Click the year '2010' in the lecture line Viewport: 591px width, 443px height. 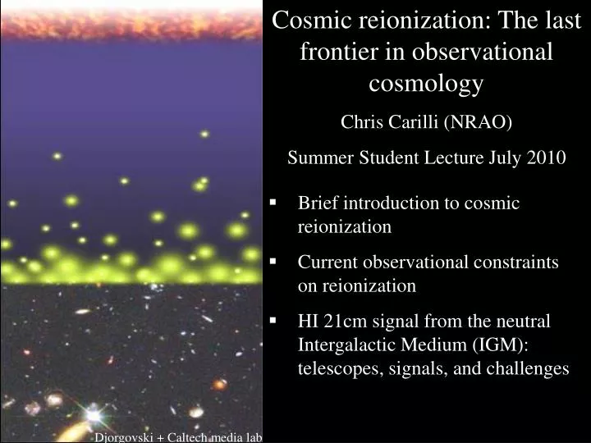tap(543, 158)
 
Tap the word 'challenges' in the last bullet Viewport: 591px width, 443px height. tap(529, 368)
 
